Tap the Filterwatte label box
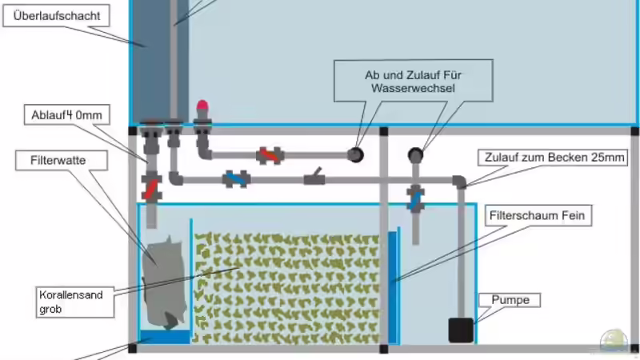click(50, 159)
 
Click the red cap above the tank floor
click(202, 105)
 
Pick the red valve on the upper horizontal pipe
click(269, 154)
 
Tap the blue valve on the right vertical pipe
click(415, 198)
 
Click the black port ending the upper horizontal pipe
click(354, 154)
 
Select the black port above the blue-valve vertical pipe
click(416, 154)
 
